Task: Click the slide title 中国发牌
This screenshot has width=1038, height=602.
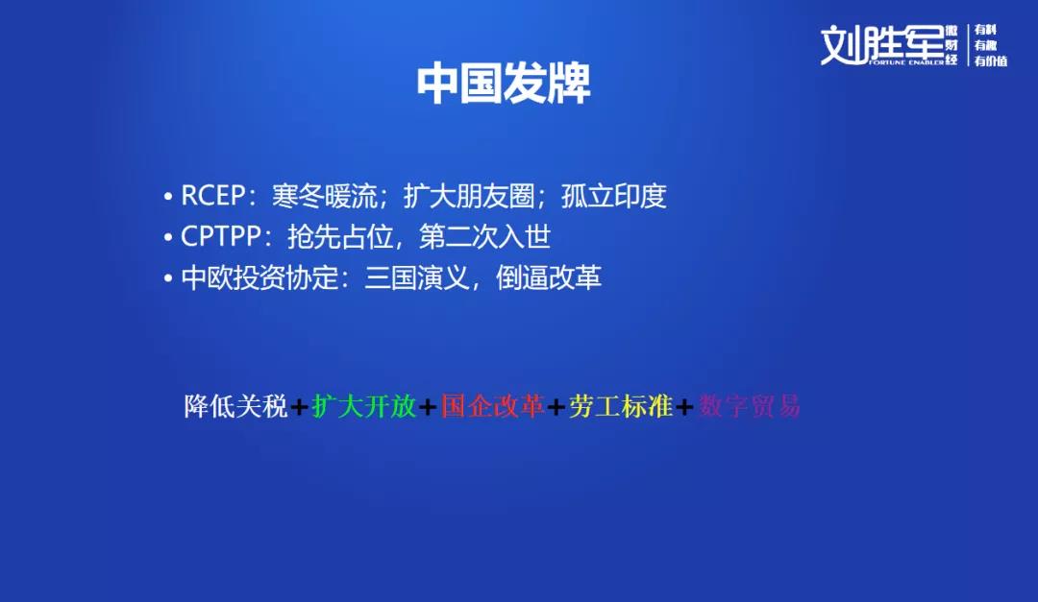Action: click(x=503, y=84)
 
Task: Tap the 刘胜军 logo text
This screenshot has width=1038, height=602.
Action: click(x=882, y=45)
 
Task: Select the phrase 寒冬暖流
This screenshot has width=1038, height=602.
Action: click(x=325, y=196)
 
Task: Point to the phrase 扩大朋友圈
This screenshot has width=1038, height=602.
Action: click(x=469, y=196)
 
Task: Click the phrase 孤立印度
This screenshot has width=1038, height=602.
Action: click(x=613, y=196)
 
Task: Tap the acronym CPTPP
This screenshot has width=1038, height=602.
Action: click(x=221, y=237)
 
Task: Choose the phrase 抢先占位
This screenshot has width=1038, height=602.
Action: click(x=340, y=237)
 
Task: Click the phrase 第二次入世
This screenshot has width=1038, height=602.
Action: click(x=484, y=237)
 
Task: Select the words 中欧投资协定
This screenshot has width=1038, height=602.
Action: click(x=259, y=277)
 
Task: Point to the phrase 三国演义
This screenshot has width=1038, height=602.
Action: click(x=417, y=277)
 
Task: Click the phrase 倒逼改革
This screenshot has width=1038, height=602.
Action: click(x=549, y=277)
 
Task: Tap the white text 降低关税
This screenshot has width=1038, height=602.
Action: click(x=235, y=406)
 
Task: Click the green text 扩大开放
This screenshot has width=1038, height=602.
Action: click(x=364, y=406)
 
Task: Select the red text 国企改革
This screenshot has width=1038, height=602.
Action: click(x=492, y=406)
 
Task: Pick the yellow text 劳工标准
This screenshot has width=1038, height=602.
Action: click(x=621, y=406)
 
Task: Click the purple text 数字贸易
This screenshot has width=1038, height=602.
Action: click(x=750, y=406)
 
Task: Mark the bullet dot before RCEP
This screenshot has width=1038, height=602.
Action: click(x=168, y=197)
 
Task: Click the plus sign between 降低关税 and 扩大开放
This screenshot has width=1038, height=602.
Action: click(x=299, y=407)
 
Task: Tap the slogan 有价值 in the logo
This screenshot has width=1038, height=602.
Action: click(x=990, y=60)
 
